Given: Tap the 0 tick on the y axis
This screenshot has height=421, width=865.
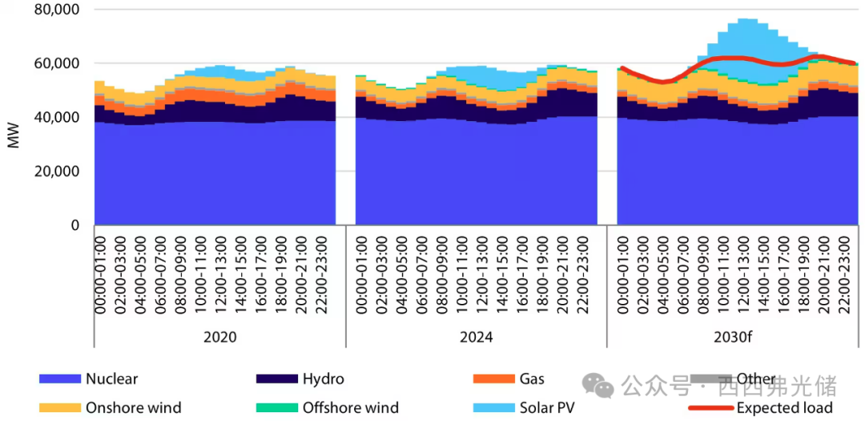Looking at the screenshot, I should coord(74,226).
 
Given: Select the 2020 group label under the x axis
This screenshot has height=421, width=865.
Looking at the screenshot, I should coord(219,338).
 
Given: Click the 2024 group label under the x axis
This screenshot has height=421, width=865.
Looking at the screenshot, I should coord(477,338).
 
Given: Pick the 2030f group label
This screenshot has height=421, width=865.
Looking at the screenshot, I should coord(734,338).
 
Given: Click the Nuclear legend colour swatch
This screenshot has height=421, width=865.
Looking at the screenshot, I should coord(59,379).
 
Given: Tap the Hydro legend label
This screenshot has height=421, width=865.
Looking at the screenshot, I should coord(324,379).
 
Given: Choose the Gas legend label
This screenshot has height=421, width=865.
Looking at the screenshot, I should coord(532,379).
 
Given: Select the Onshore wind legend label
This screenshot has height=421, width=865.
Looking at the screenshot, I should coord(133,407).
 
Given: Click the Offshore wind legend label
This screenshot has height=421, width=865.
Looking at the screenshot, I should coord(350,407).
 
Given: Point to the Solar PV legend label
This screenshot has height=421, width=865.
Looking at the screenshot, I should coord(547,407).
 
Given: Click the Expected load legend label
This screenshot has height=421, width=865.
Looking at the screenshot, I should coord(785,407).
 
